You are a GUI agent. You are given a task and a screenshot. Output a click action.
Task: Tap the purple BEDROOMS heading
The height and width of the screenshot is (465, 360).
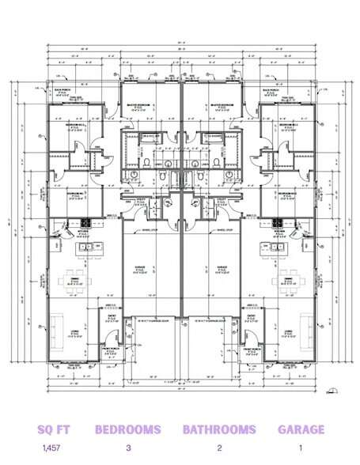pyautogui.click(x=128, y=430)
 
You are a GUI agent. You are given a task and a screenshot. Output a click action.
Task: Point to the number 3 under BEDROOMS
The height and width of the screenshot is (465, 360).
pyautogui.click(x=128, y=448)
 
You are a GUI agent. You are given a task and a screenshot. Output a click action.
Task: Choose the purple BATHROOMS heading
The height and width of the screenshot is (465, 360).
pyautogui.click(x=219, y=430)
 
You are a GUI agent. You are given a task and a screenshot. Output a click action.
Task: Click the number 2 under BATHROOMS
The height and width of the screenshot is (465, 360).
pyautogui.click(x=219, y=448)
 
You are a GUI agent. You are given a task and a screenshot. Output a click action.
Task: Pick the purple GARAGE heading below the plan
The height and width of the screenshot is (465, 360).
pyautogui.click(x=301, y=430)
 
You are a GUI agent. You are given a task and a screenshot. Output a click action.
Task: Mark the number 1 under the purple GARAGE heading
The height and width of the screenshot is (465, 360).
pyautogui.click(x=301, y=448)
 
